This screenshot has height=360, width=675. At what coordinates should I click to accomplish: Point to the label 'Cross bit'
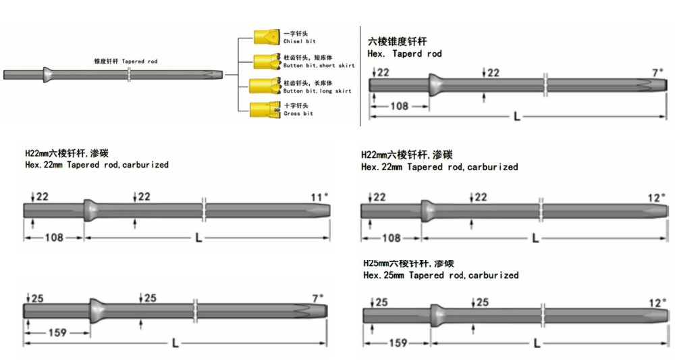coord(298,113)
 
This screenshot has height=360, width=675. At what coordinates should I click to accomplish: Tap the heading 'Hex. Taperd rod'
coord(405,53)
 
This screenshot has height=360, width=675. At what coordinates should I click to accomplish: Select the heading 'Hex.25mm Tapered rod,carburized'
coord(441,275)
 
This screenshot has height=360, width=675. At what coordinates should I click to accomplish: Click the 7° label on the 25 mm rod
coord(317,298)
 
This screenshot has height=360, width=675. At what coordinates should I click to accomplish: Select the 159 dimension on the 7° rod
coord(57,333)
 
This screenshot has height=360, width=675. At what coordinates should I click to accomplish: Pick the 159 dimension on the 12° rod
coord(398,342)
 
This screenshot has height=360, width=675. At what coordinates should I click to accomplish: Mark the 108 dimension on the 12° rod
coord(391,238)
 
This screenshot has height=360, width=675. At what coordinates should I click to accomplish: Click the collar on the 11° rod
coord(88,210)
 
